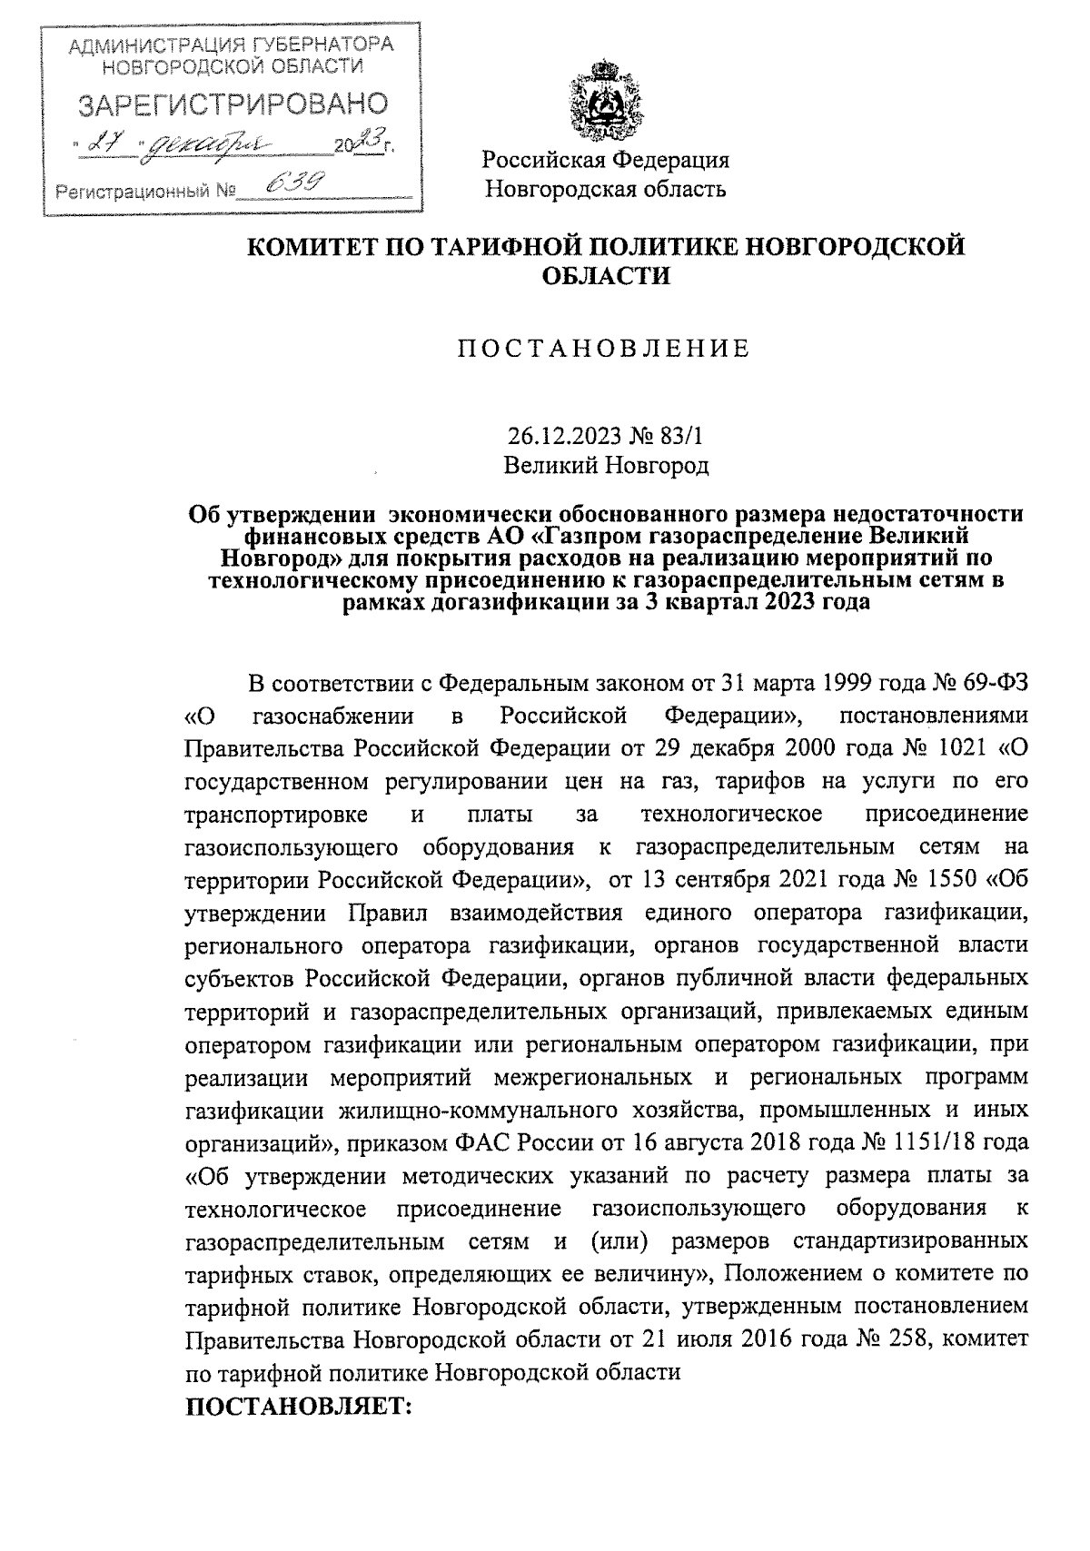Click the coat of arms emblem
(x=605, y=100)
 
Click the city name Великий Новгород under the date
(x=606, y=466)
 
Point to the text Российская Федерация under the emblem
(x=605, y=161)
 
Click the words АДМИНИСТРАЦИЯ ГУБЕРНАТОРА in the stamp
(x=232, y=45)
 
